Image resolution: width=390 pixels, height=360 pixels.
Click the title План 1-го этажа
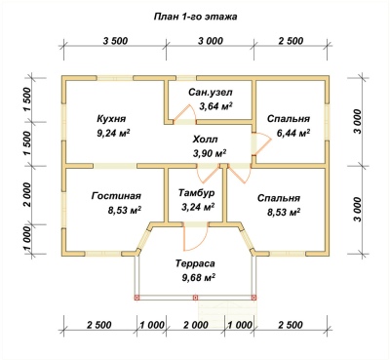[x=195, y=17]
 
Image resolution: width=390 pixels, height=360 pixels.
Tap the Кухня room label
[x=111, y=118]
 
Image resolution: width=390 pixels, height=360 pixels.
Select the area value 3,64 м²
[x=215, y=106]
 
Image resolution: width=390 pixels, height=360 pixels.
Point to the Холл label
[x=205, y=140]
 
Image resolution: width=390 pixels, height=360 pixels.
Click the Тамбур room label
[x=196, y=193]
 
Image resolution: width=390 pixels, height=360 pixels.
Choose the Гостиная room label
[x=116, y=196]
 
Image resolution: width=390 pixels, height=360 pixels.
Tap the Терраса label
[x=195, y=263]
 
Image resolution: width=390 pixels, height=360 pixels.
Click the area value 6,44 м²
[x=292, y=133]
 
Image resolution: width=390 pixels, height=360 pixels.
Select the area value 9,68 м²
[x=199, y=277]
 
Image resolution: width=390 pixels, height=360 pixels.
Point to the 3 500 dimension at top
[x=115, y=41]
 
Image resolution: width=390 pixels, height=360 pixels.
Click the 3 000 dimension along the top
[x=211, y=41]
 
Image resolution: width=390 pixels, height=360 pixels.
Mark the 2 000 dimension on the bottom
[x=196, y=325]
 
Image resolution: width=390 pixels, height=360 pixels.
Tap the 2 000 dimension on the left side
[x=28, y=194]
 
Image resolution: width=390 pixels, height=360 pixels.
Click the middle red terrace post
[x=195, y=298]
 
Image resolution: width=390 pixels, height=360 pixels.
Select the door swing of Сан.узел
[x=184, y=112]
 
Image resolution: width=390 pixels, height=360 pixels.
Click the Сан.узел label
[x=211, y=93]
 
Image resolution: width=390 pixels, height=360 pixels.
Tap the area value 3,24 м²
[x=197, y=207]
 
